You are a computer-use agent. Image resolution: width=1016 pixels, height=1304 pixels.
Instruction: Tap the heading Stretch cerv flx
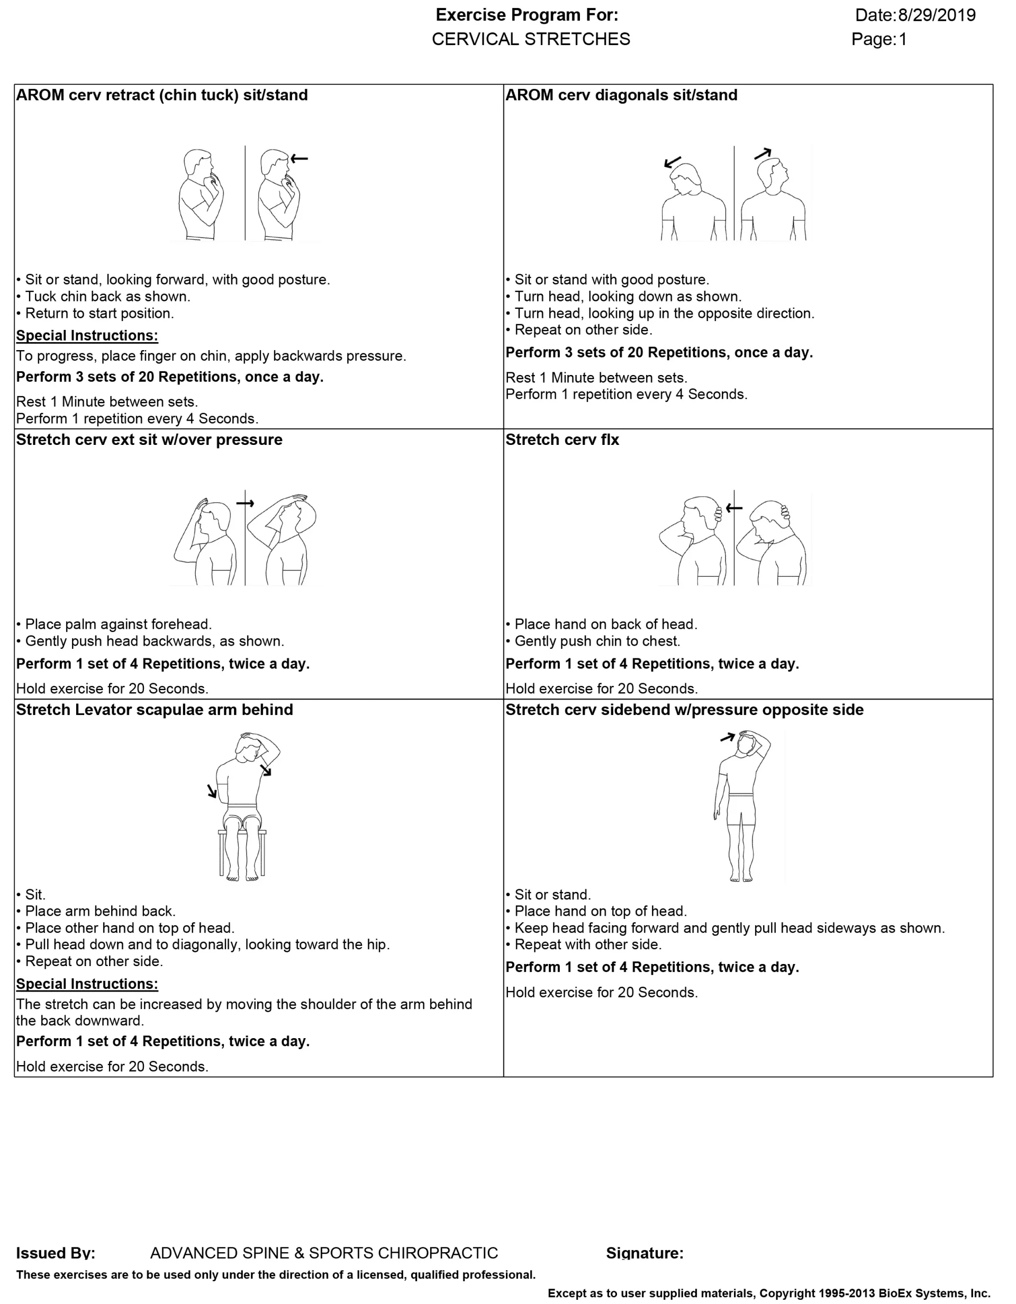(x=562, y=440)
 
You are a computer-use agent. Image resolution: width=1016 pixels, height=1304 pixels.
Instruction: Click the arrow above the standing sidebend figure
(x=727, y=737)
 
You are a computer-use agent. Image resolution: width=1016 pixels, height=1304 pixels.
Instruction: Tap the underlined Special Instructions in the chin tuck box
(x=87, y=336)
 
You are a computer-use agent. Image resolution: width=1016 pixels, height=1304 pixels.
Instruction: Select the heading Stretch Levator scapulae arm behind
(x=155, y=709)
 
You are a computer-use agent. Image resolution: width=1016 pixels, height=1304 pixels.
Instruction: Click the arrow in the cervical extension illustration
(x=245, y=503)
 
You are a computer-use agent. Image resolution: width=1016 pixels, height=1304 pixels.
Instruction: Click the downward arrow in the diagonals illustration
(x=673, y=162)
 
